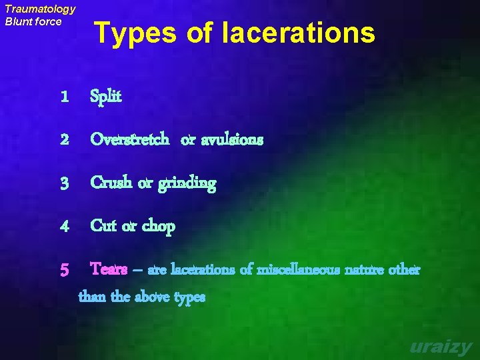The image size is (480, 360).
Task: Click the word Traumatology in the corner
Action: coord(40,9)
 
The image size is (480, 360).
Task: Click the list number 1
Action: coord(64,97)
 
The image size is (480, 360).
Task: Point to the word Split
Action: coord(106,97)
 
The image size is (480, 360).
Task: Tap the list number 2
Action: coord(64,140)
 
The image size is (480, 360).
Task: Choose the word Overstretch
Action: coord(129,140)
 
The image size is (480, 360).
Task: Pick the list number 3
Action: coord(64,183)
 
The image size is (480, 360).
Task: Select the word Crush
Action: coord(111,183)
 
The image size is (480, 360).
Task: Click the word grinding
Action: coord(187,184)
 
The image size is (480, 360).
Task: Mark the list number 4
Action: coord(64,227)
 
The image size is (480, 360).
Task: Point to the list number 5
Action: coord(64,270)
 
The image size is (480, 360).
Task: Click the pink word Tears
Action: coord(109,269)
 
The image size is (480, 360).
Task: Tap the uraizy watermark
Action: coord(441,347)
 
